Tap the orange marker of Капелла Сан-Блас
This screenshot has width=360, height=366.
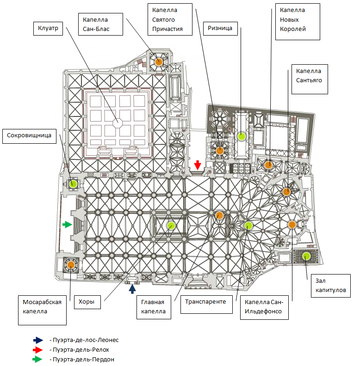(159, 61)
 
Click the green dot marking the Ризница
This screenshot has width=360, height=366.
(241, 136)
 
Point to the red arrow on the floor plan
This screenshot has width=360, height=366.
(198, 165)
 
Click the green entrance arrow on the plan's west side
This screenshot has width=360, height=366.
(68, 225)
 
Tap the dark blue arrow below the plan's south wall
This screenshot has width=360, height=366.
(132, 289)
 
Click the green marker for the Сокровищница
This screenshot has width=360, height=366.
(73, 183)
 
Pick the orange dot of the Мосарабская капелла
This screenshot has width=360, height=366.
(70, 265)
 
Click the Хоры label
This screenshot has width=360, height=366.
(87, 302)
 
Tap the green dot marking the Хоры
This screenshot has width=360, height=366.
(171, 226)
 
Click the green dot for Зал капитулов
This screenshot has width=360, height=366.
(306, 256)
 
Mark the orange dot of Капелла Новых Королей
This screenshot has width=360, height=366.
(268, 165)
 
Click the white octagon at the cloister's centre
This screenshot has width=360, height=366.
(118, 122)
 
